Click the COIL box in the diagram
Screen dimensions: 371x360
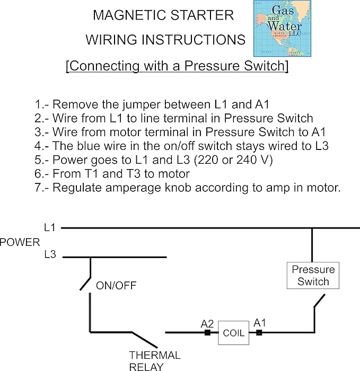coord(233,333)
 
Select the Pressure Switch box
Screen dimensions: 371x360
coord(313,275)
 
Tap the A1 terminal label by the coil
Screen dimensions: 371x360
coord(260,322)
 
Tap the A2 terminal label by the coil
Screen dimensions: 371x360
coord(207,323)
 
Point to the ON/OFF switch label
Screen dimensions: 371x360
coord(116,286)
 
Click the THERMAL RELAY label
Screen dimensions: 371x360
coord(155,360)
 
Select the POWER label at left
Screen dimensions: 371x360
coord(20,242)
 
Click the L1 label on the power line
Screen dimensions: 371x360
coord(50,227)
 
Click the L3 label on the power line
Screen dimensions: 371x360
coord(50,255)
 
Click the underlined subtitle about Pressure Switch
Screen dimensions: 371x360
coord(177,66)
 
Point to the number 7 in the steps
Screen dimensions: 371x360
coord(38,187)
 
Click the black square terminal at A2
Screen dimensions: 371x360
coord(207,333)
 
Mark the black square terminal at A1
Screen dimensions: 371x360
coord(259,333)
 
